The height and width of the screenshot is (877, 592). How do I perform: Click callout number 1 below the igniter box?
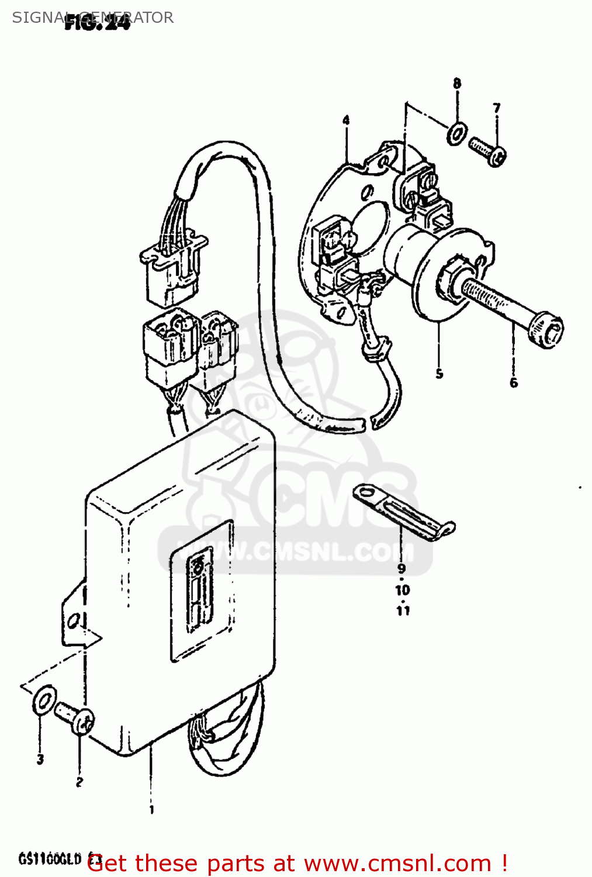click(151, 810)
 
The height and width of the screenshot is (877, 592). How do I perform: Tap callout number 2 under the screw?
click(79, 782)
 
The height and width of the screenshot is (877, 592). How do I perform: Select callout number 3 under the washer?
click(40, 759)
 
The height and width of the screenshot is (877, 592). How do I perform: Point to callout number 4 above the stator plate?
click(346, 120)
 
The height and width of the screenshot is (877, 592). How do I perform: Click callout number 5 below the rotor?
click(439, 374)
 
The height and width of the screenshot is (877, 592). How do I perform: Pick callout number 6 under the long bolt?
click(513, 382)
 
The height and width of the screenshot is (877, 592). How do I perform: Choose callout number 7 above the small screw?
click(496, 108)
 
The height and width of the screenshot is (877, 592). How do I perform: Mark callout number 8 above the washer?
click(457, 84)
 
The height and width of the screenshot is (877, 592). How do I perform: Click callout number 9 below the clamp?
click(401, 568)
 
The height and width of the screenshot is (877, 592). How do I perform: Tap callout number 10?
click(403, 590)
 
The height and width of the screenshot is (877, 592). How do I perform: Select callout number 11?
click(403, 610)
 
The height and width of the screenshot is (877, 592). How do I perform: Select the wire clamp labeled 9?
click(403, 512)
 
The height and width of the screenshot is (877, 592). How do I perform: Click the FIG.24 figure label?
click(97, 24)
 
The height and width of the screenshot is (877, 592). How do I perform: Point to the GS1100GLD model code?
click(50, 859)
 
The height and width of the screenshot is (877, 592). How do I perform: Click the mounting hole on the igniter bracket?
click(74, 620)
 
